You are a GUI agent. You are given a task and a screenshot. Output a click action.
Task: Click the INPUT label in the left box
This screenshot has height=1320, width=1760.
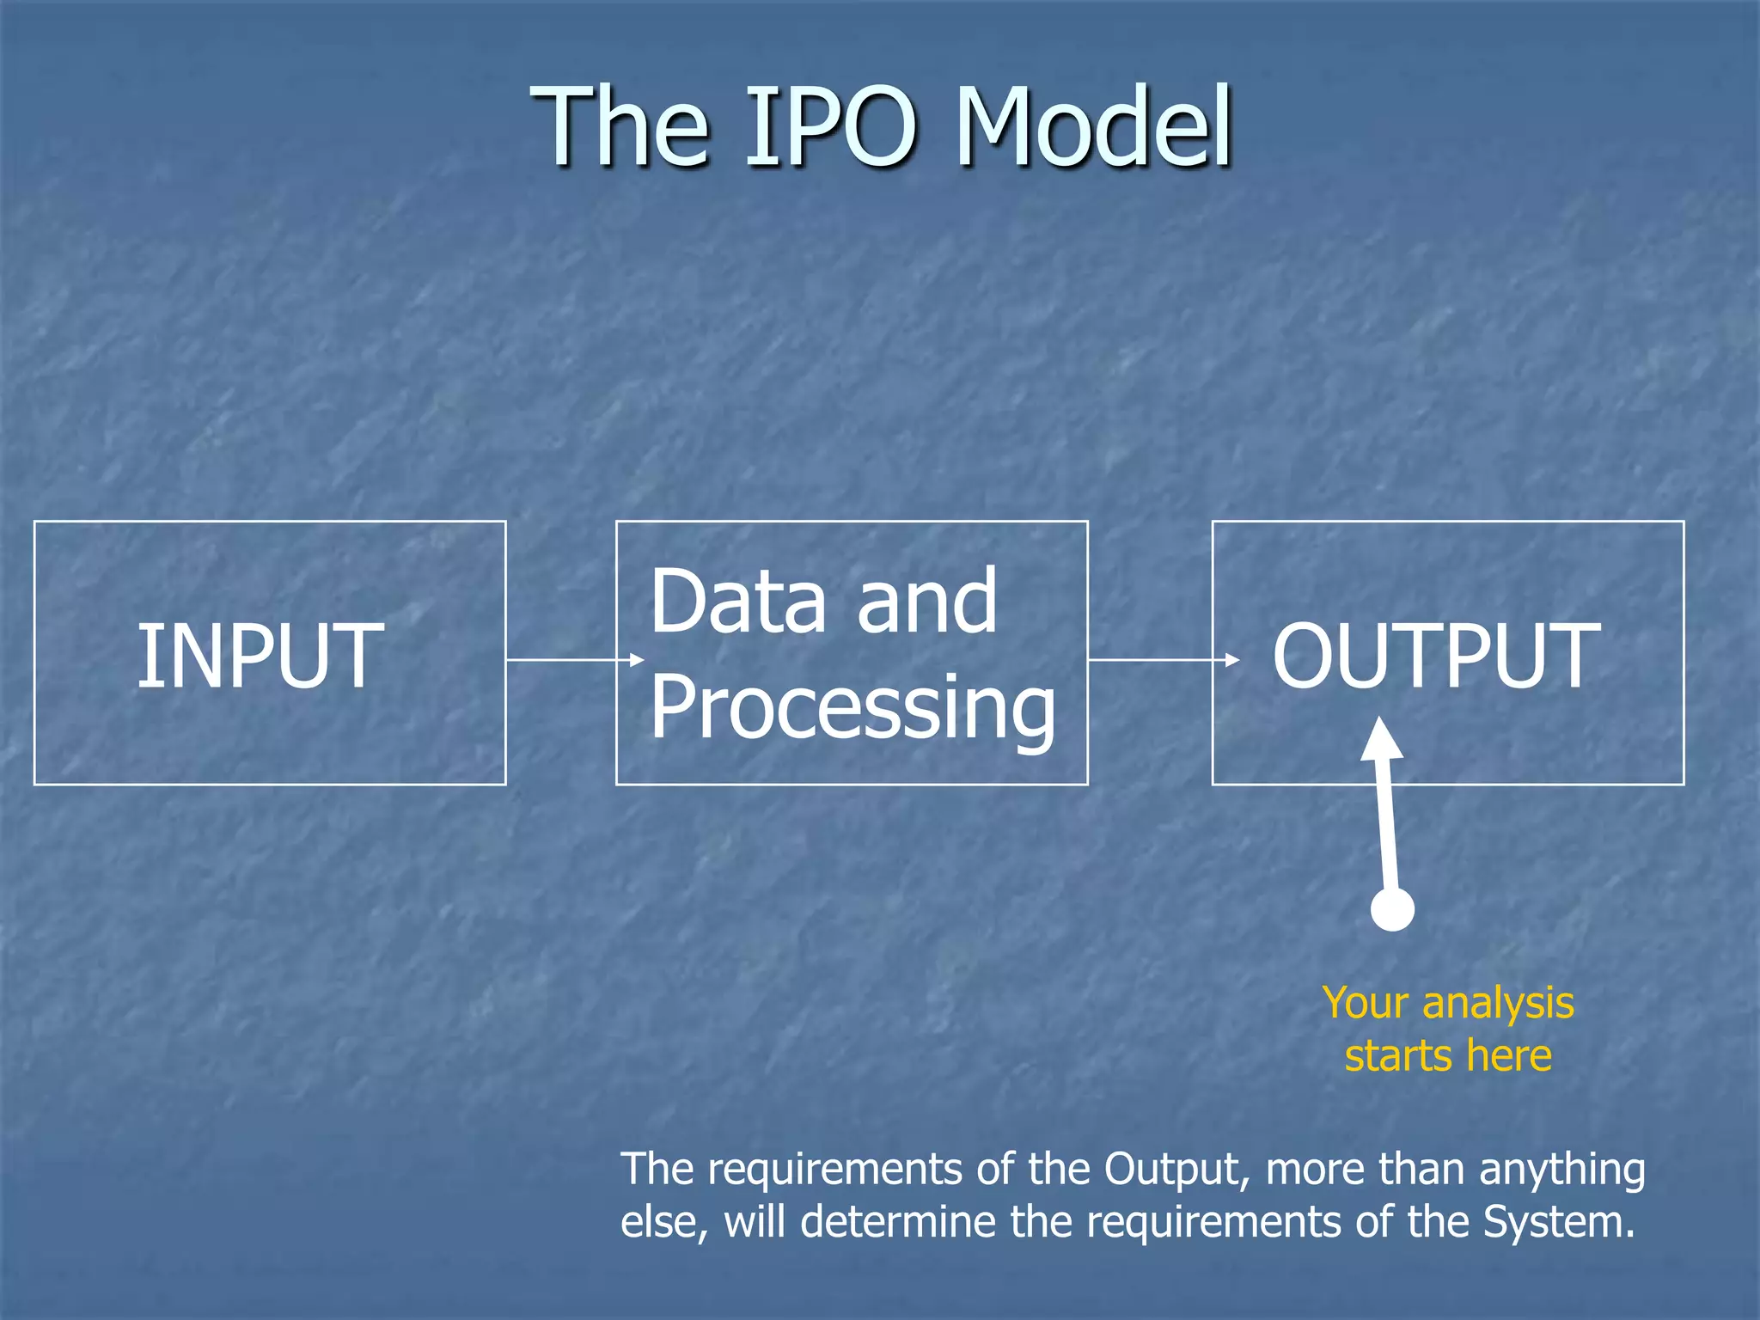click(260, 657)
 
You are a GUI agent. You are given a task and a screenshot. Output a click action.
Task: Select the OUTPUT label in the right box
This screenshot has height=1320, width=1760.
click(1436, 657)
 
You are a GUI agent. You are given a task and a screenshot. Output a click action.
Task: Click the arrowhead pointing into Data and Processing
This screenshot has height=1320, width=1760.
click(637, 660)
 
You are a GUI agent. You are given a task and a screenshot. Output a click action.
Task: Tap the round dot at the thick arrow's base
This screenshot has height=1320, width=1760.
click(1392, 909)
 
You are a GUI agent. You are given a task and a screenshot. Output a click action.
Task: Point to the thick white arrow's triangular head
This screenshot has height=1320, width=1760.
click(1382, 741)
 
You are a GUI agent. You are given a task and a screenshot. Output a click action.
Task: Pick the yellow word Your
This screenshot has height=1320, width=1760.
click(1365, 1004)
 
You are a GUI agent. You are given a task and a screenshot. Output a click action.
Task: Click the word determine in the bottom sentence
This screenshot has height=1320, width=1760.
click(898, 1222)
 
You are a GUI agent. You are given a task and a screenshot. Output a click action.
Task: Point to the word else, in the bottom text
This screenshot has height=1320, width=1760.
click(664, 1222)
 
